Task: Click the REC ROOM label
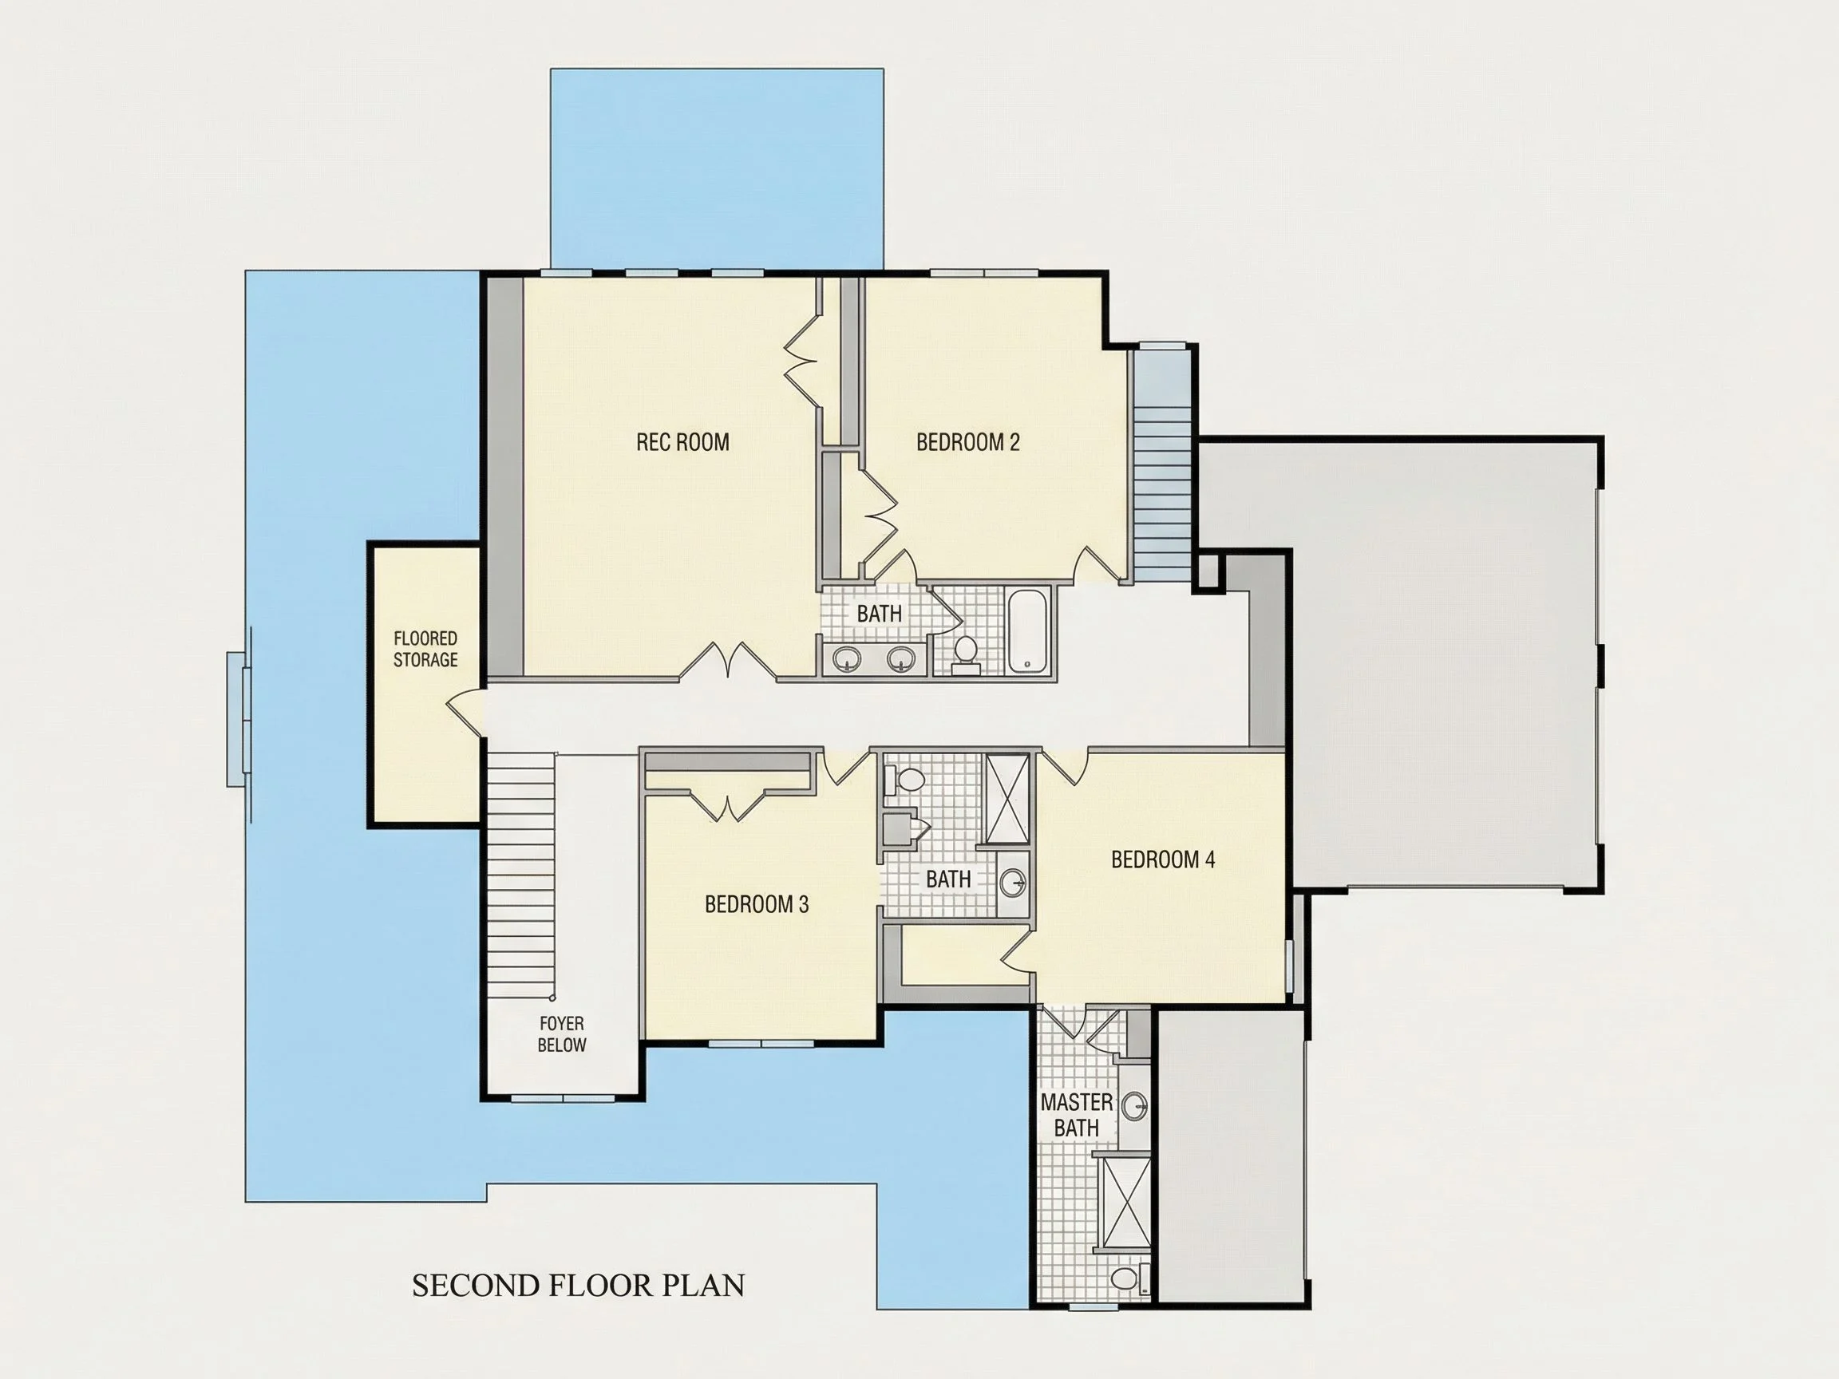682,442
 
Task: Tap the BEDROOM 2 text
967,442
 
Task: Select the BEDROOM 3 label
757,904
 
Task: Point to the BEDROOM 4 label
1163,859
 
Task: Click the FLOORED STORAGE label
425,649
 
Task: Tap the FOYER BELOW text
562,1034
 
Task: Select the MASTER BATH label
1077,1115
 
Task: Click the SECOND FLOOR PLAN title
579,1285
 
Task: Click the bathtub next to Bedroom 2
1029,631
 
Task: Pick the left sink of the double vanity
846,659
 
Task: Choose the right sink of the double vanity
901,659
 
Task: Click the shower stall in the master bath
1126,1202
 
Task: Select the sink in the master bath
1135,1105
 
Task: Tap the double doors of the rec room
729,662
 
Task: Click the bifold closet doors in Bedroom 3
728,804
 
